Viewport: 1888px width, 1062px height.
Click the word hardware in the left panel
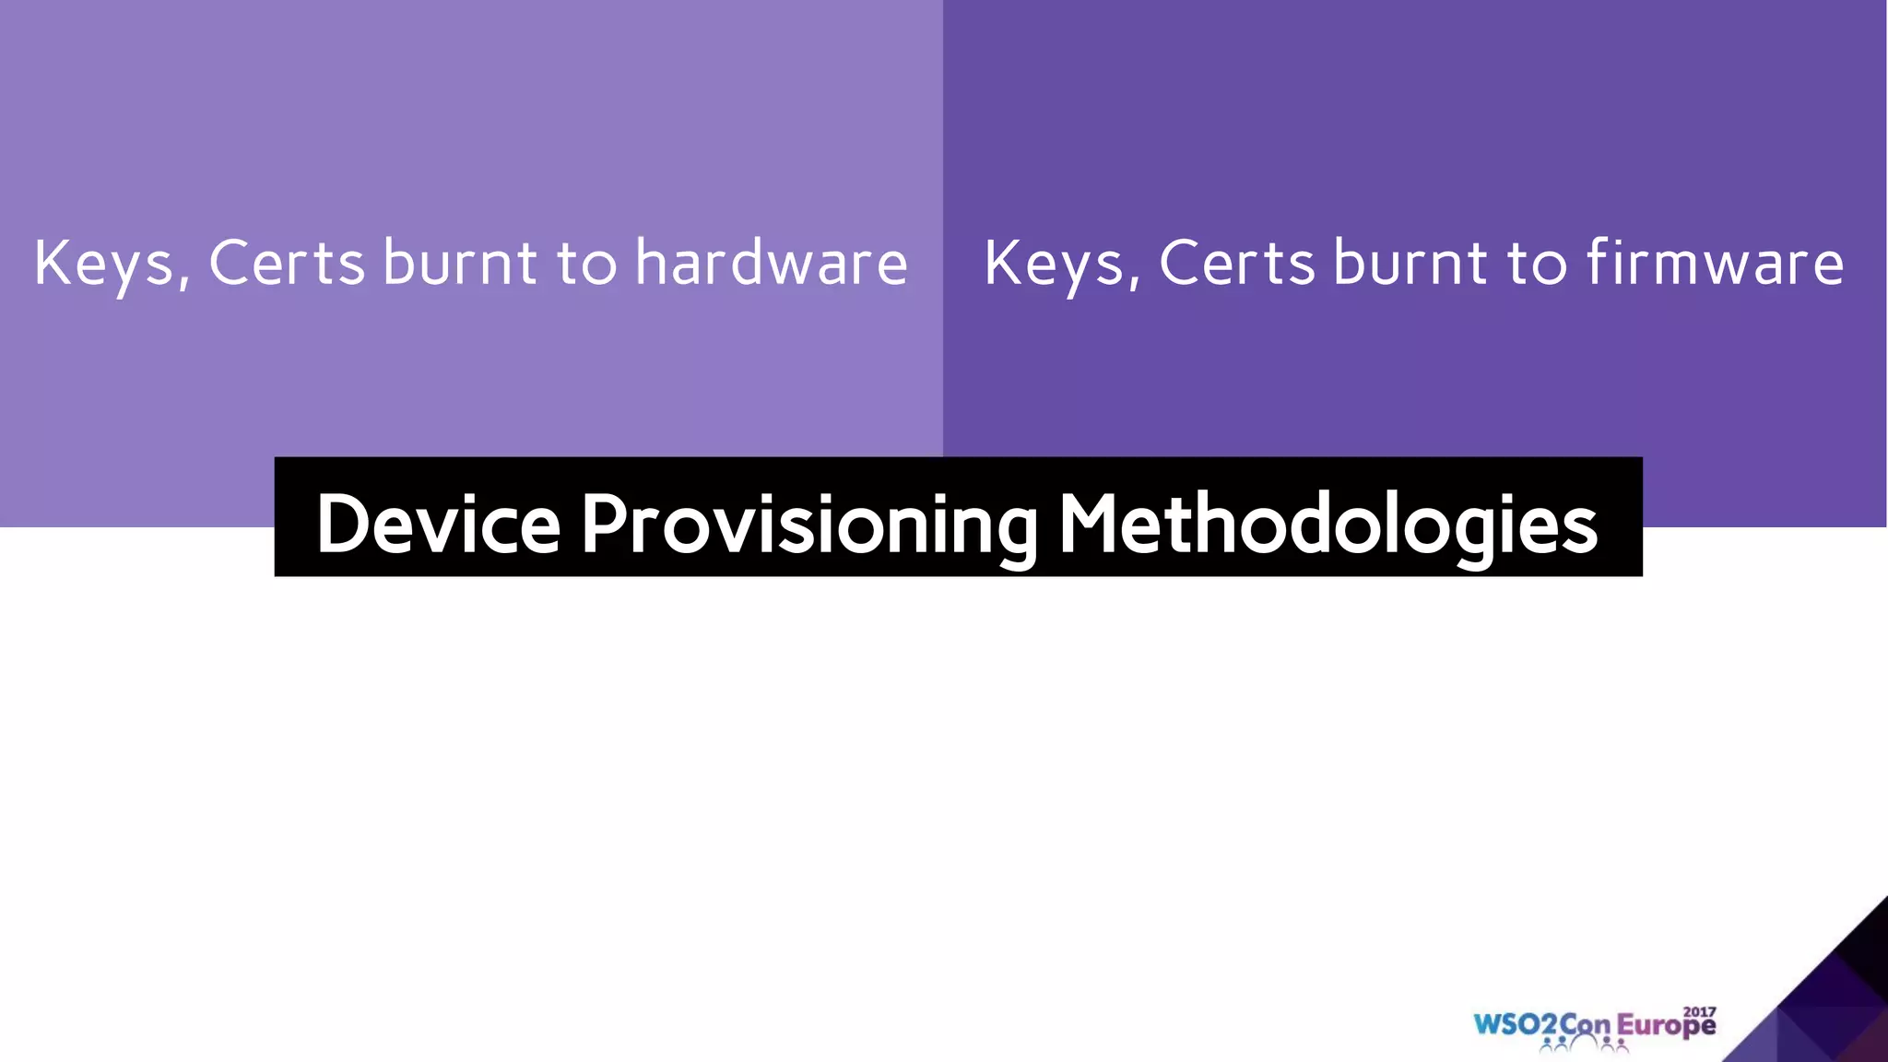pyautogui.click(x=771, y=263)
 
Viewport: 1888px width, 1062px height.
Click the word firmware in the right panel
pyautogui.click(x=1715, y=263)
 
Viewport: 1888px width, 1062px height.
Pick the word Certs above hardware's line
pyautogui.click(x=287, y=263)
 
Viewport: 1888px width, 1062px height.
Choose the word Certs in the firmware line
pyautogui.click(x=1236, y=263)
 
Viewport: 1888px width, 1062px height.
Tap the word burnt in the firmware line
pyautogui.click(x=1410, y=263)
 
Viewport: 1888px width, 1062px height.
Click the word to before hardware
pyautogui.click(x=586, y=263)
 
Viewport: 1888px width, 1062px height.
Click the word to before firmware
pyautogui.click(x=1537, y=263)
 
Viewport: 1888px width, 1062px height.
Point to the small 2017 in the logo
pyautogui.click(x=1700, y=1011)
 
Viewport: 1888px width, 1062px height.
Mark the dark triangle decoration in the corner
pyautogui.click(x=1830, y=1005)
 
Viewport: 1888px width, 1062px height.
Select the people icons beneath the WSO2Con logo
pyautogui.click(x=1584, y=1044)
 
